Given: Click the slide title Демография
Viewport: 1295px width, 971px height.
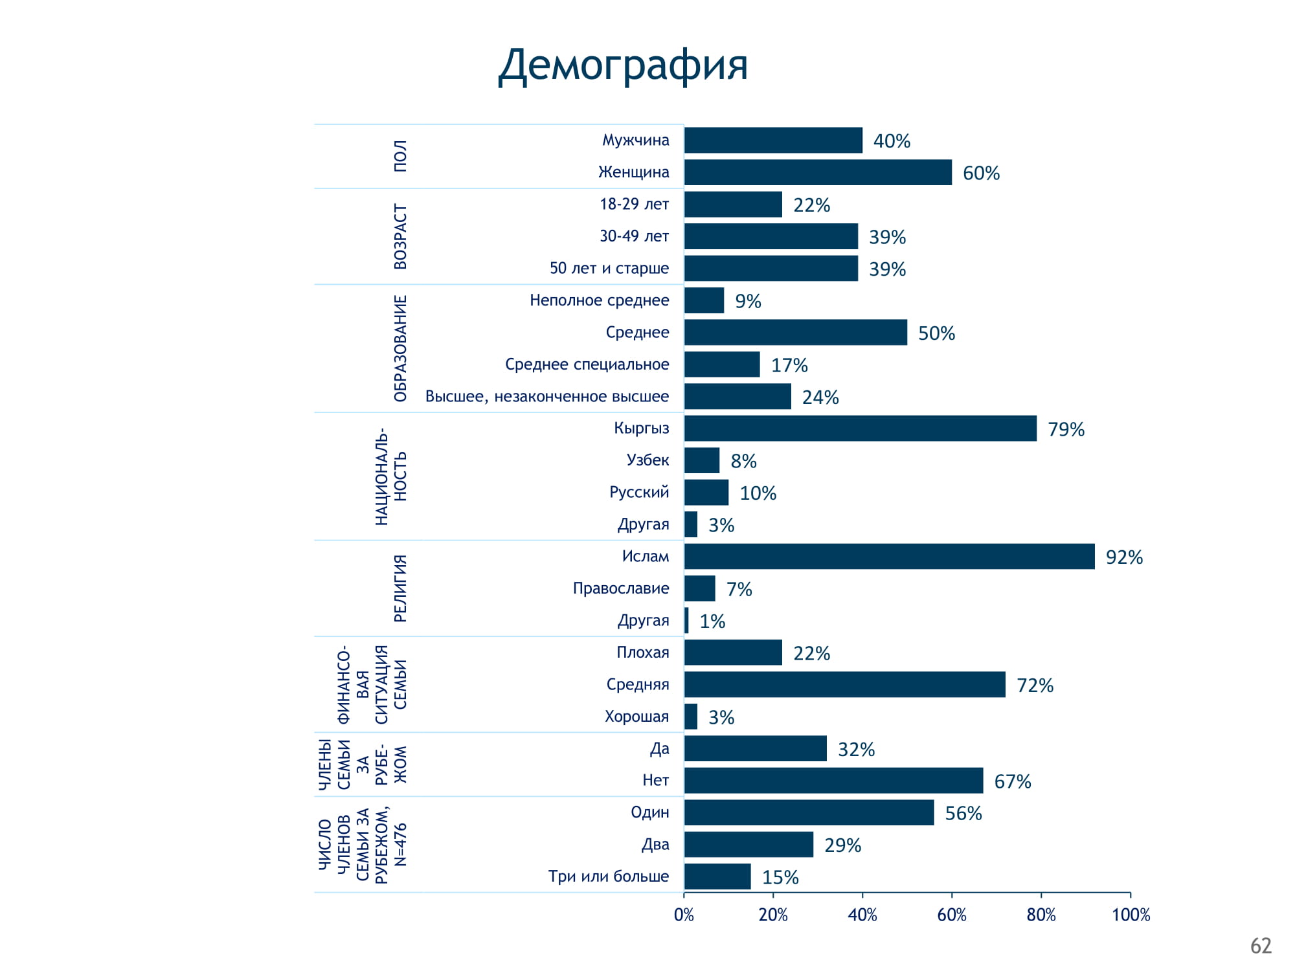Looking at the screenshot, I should click(623, 65).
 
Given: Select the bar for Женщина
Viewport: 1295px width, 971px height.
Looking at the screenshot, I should click(818, 172).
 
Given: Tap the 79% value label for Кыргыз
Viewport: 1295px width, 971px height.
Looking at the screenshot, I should click(1066, 429).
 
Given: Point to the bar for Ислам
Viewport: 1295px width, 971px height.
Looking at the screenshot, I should click(889, 557).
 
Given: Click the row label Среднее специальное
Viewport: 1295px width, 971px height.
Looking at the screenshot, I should click(587, 364).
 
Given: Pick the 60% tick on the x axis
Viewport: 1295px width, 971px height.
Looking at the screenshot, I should click(952, 915).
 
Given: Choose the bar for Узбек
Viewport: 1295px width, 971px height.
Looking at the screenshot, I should click(702, 460).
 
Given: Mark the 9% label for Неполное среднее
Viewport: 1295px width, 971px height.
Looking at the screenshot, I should click(748, 301).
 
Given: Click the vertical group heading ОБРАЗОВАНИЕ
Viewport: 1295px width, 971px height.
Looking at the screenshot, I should click(401, 348).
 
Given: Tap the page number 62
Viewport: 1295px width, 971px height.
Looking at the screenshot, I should click(1261, 946).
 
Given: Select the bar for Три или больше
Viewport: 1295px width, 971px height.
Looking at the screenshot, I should click(717, 876).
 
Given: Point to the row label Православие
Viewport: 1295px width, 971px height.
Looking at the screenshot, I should click(620, 588).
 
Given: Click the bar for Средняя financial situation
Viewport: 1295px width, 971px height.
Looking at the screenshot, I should click(844, 685).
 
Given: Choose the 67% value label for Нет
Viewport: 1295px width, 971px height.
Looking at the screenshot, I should click(1012, 781).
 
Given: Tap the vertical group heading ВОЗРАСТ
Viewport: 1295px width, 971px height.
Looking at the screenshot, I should click(401, 237).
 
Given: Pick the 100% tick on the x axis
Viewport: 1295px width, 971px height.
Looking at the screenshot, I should click(1131, 915).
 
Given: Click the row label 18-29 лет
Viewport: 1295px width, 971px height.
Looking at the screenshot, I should click(634, 204).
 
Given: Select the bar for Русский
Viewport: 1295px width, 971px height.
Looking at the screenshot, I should click(706, 493).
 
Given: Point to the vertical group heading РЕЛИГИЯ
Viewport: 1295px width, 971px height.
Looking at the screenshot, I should click(401, 588).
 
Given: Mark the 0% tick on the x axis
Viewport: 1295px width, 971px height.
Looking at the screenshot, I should click(684, 915).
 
